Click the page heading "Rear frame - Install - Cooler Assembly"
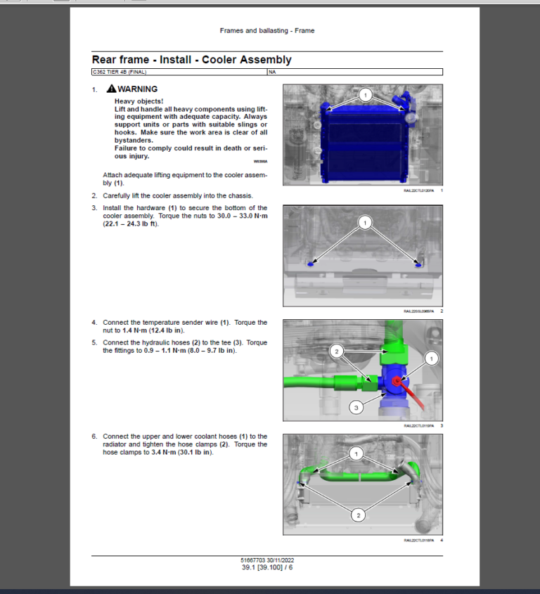click(191, 60)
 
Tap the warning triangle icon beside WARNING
click(111, 89)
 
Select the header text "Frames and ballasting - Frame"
click(267, 31)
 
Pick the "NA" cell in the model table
click(271, 72)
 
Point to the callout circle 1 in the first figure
click(364, 93)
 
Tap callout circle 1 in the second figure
click(364, 223)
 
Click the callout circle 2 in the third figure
click(337, 350)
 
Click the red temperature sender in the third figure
click(398, 381)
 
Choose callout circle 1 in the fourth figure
click(357, 454)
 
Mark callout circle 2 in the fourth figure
click(358, 516)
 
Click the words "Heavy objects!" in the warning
click(139, 101)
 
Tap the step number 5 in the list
click(94, 342)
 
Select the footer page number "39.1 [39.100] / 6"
click(267, 567)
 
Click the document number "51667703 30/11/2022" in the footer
click(267, 560)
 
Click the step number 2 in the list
click(94, 195)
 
